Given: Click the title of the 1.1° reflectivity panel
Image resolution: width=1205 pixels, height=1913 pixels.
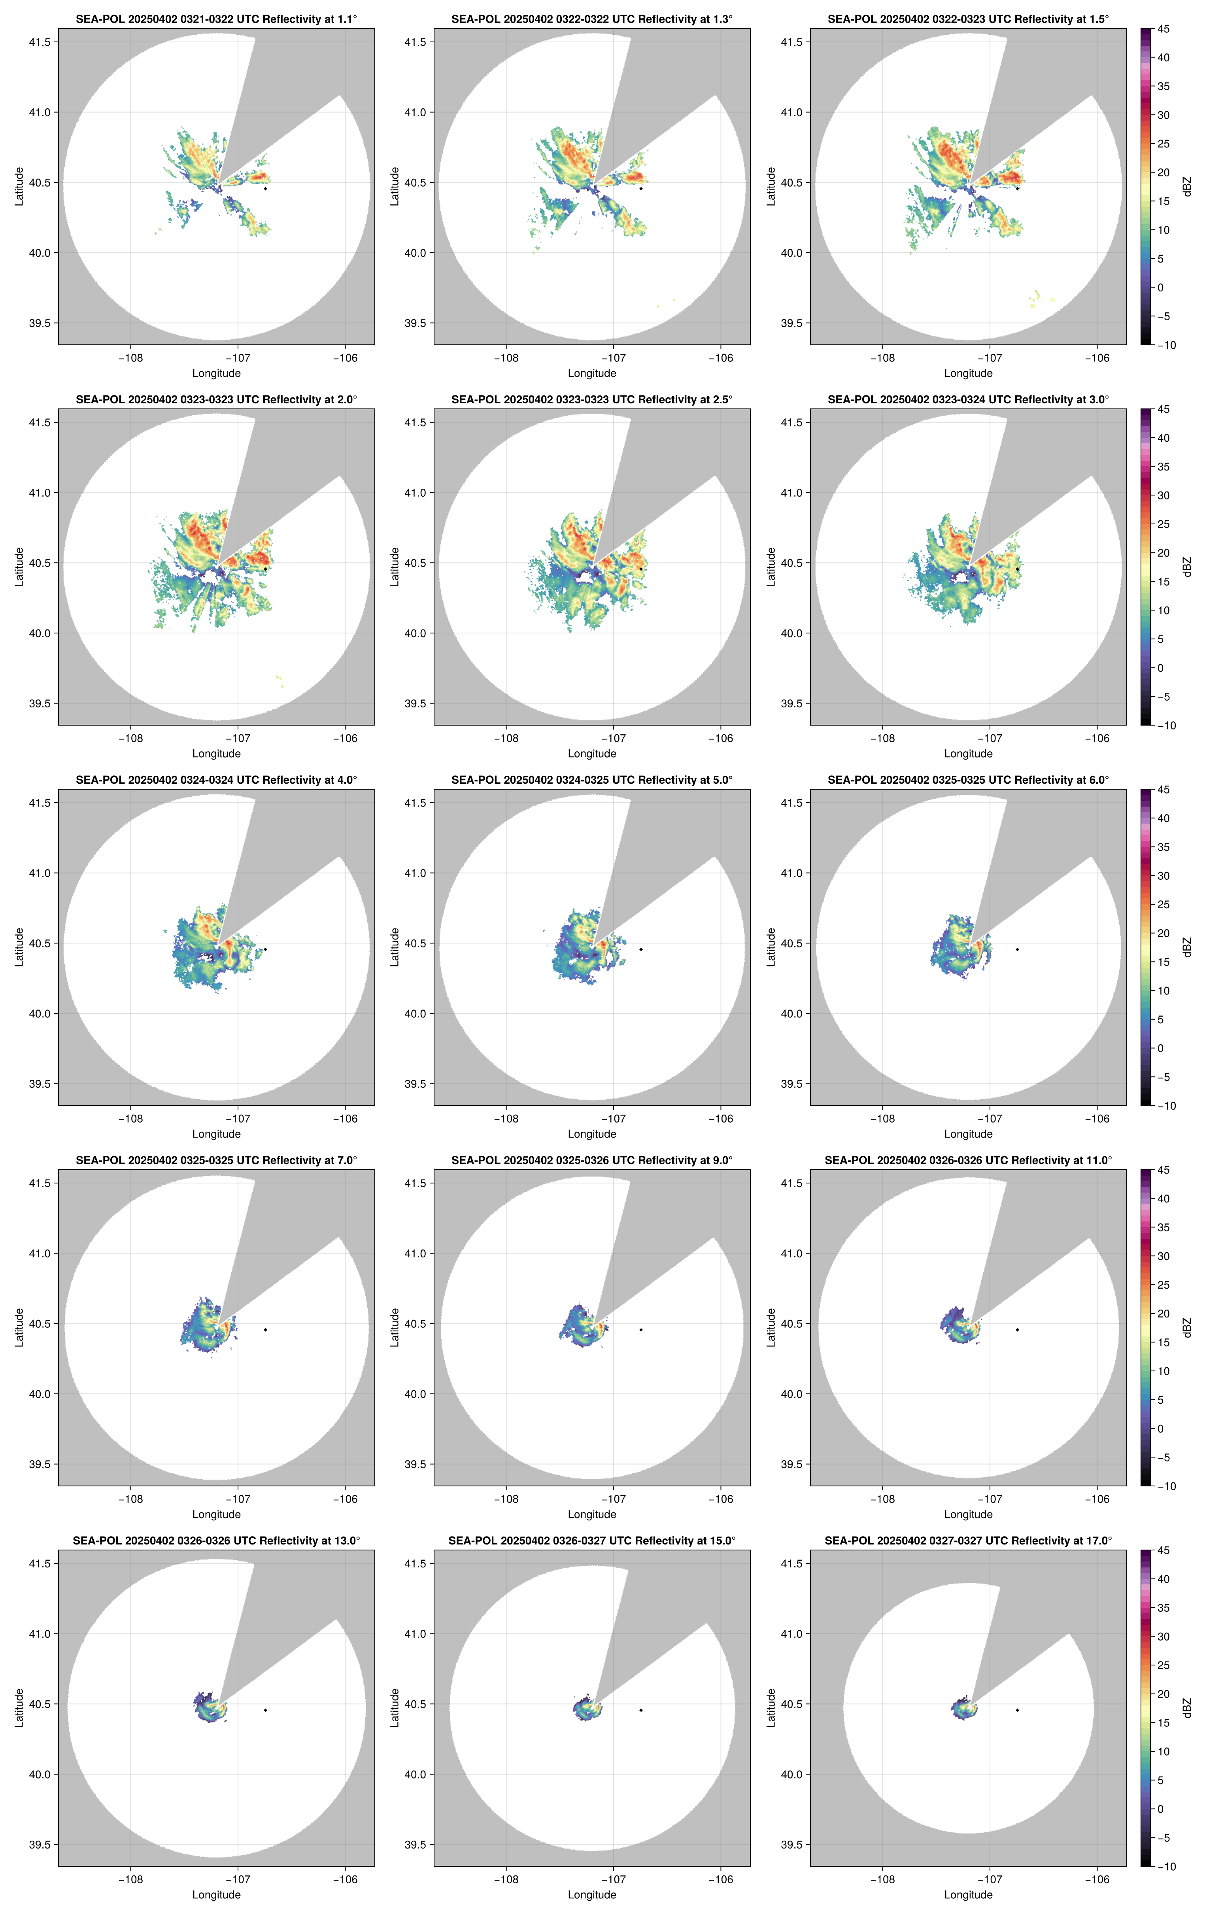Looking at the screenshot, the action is click(x=216, y=19).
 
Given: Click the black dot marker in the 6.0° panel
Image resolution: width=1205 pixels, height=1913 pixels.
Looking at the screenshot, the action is click(x=1017, y=949).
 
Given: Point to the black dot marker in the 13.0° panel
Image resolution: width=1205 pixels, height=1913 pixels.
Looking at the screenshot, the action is click(x=265, y=1710).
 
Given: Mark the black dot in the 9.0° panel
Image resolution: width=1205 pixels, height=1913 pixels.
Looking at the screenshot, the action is click(x=641, y=1330).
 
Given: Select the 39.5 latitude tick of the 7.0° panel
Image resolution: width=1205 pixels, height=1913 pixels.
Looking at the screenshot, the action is click(x=40, y=1464).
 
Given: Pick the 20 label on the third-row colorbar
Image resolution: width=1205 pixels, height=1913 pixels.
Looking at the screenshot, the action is click(x=1163, y=934).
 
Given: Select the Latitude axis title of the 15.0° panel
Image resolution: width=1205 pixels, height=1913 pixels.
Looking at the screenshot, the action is click(x=395, y=1708).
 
